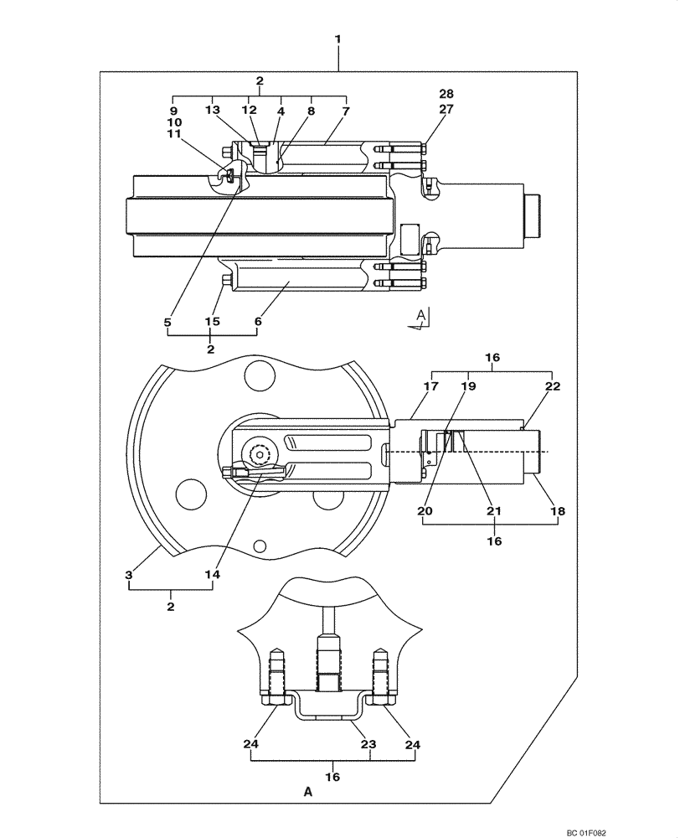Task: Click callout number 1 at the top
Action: point(339,39)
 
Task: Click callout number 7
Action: point(345,110)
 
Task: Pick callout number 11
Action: point(174,133)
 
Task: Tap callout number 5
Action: point(167,321)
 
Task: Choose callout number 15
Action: point(211,321)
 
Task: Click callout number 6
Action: point(256,321)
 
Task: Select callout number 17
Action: point(431,387)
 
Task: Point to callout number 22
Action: point(552,387)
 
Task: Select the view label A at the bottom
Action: point(308,790)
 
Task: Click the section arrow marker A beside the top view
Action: point(421,317)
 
